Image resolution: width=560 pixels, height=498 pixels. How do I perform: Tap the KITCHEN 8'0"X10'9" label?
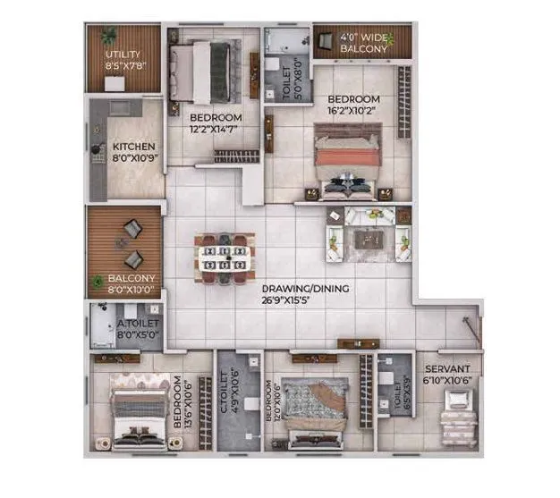click(134, 152)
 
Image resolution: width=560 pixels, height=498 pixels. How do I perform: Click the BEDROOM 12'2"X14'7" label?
click(215, 123)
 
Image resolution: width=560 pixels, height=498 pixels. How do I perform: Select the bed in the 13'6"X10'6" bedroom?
click(137, 409)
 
